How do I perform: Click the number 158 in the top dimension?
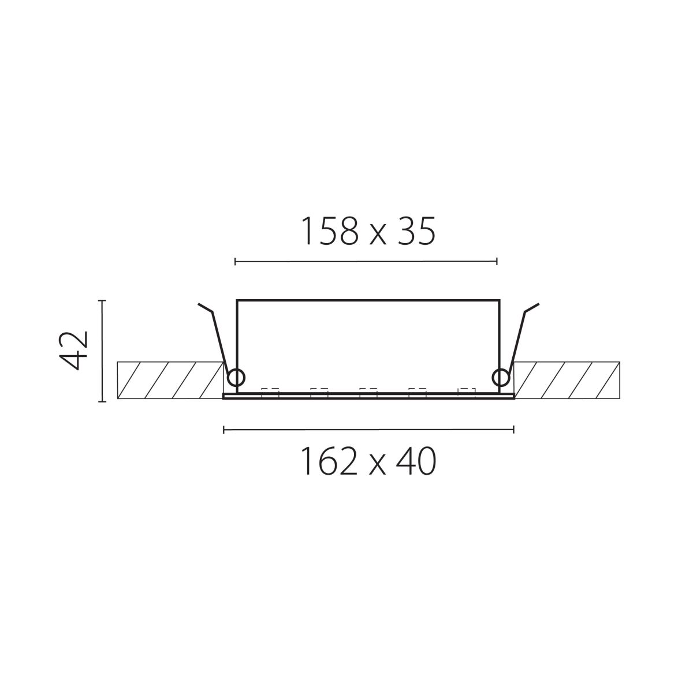[x=331, y=231]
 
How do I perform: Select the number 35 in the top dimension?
[x=416, y=231]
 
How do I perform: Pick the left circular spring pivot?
[x=237, y=378]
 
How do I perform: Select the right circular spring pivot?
[x=501, y=378]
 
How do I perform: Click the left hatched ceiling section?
[x=170, y=380]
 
